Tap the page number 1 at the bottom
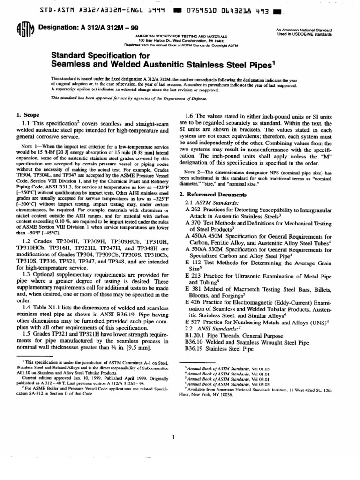[x=173, y=438]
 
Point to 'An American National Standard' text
[x=304, y=30]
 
